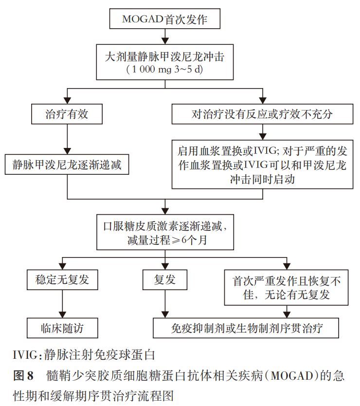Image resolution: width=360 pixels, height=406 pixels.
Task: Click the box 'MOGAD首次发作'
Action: [x=165, y=18]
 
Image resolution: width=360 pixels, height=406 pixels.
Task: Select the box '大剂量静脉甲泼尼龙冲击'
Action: [x=165, y=62]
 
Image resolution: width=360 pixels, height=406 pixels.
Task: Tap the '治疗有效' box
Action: [x=67, y=114]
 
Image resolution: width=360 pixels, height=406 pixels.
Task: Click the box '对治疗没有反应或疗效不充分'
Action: [x=262, y=114]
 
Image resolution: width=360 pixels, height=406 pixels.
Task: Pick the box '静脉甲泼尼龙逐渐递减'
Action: [x=67, y=165]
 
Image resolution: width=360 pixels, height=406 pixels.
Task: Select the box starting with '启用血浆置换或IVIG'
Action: [x=262, y=165]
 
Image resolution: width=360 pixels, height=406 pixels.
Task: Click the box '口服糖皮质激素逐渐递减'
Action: [x=165, y=232]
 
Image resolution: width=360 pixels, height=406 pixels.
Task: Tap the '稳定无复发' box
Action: [x=62, y=279]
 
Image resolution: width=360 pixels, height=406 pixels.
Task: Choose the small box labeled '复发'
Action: [x=165, y=279]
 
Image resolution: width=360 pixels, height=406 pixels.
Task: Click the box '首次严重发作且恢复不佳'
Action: [x=286, y=287]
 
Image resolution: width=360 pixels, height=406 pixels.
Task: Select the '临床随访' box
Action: [x=62, y=328]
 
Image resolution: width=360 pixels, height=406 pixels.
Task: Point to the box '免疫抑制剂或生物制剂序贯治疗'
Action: [x=246, y=328]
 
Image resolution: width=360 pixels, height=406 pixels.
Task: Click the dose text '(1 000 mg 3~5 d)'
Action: [x=164, y=70]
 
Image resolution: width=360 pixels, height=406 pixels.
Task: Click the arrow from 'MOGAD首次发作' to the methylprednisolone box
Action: [x=165, y=37]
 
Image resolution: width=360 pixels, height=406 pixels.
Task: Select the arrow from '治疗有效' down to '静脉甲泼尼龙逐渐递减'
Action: [x=67, y=139]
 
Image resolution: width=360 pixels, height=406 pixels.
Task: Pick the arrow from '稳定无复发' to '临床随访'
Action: [x=62, y=304]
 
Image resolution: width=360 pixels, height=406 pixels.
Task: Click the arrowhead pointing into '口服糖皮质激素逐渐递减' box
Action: [x=165, y=211]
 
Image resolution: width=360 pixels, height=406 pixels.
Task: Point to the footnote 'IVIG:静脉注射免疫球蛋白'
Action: [x=84, y=355]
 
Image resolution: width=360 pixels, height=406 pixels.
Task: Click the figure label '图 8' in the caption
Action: [x=23, y=375]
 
